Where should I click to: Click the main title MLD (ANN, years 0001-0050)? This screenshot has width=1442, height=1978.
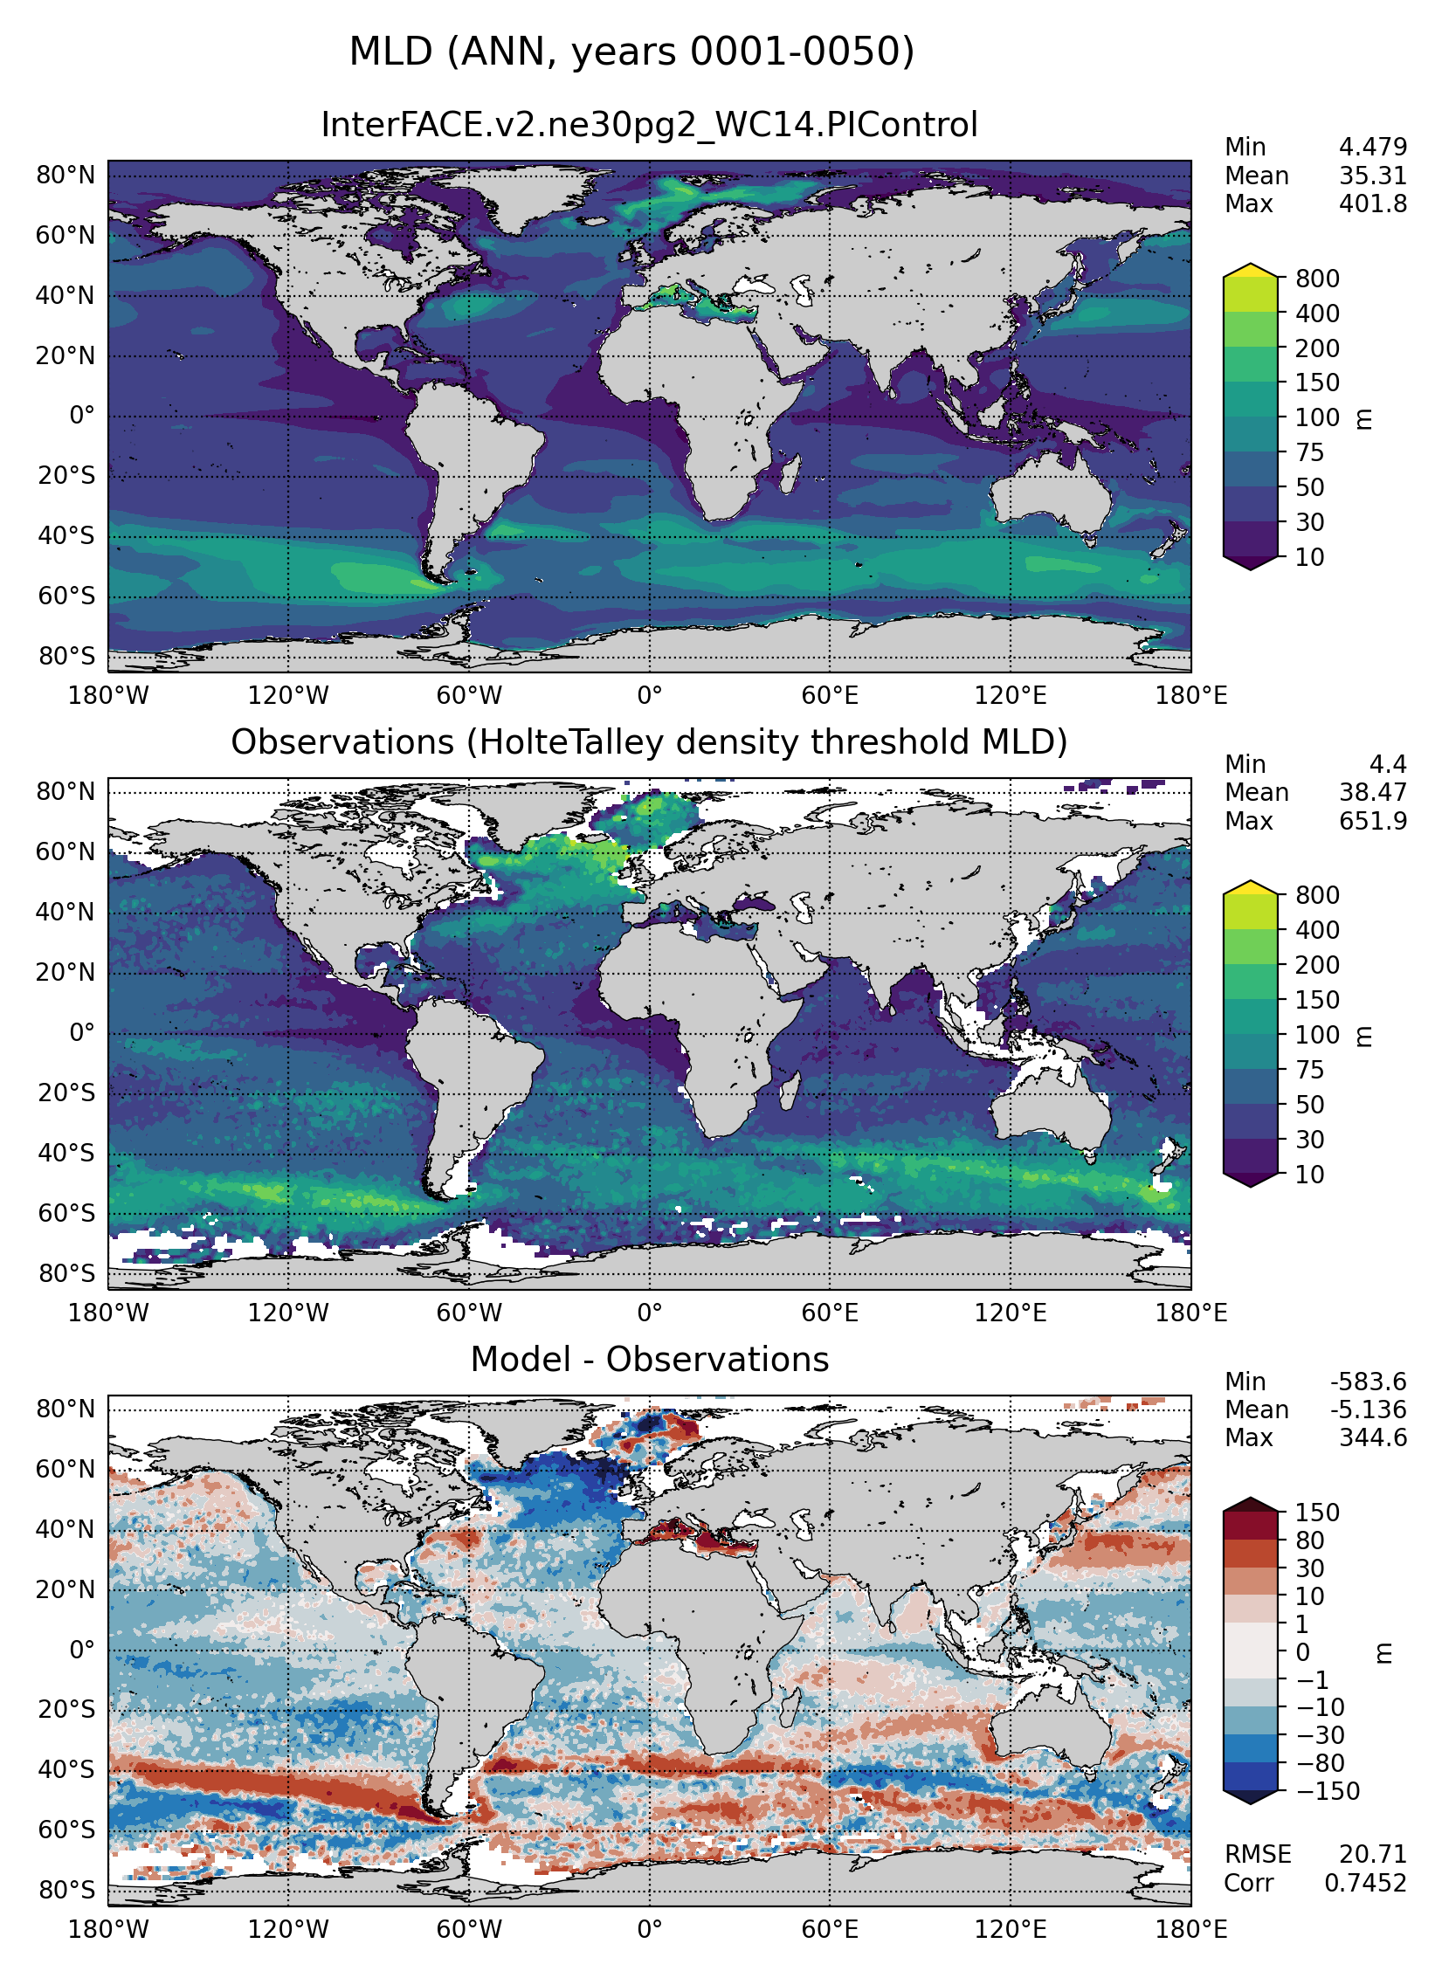631,52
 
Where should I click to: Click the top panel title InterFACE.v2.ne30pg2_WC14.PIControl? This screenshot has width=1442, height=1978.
649,125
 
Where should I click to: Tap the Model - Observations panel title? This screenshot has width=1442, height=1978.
649,1360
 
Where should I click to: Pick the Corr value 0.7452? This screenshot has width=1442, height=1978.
1365,1883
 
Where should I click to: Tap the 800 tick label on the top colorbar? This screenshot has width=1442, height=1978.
1317,279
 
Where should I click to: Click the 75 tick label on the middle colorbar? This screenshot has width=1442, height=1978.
1309,1070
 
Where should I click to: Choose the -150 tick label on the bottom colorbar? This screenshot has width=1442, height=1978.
1328,1791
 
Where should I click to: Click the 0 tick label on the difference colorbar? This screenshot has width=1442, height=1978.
1302,1652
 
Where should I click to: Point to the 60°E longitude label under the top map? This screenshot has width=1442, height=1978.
830,696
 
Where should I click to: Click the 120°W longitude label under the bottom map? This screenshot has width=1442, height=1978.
288,1929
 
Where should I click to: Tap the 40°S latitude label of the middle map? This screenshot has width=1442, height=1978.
66,1153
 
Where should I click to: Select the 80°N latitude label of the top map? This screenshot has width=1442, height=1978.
66,176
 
